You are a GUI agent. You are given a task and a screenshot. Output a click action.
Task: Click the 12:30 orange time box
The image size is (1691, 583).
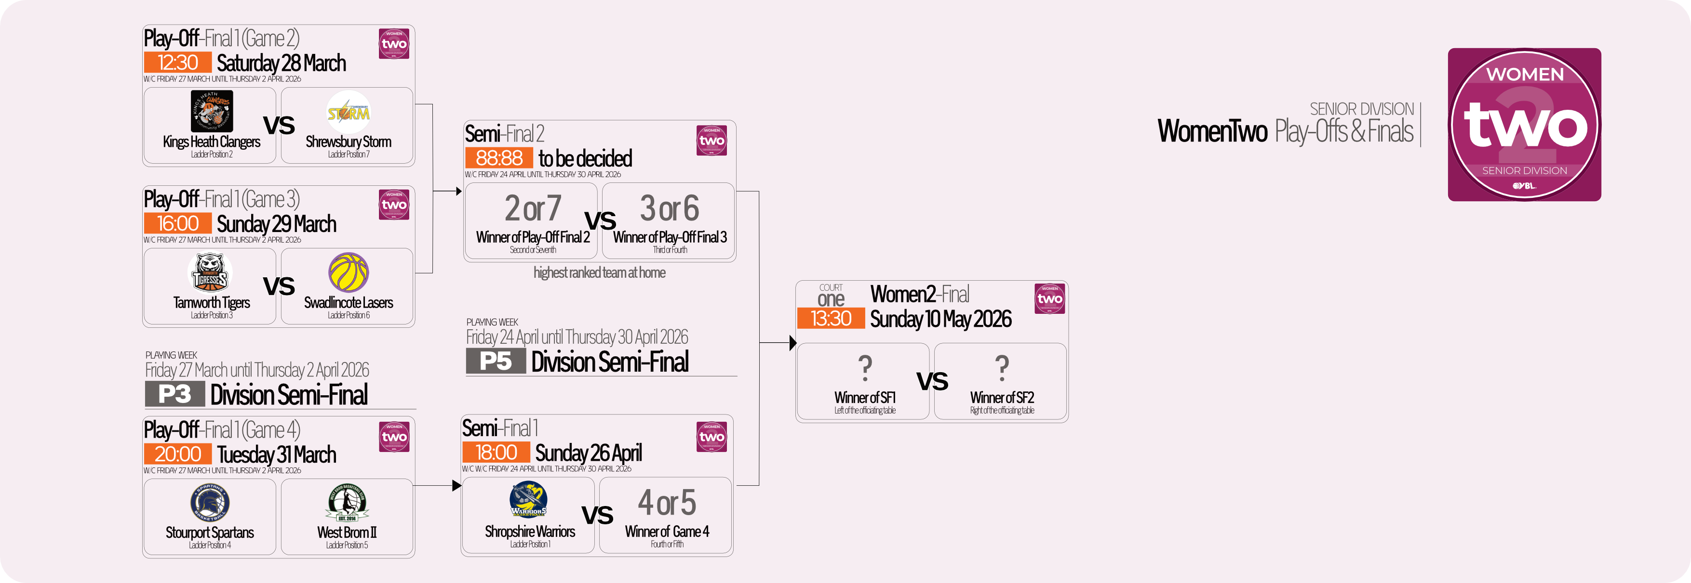click(178, 62)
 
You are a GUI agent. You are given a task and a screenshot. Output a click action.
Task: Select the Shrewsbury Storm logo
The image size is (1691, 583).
click(349, 112)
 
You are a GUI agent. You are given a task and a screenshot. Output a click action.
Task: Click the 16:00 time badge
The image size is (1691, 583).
click(178, 223)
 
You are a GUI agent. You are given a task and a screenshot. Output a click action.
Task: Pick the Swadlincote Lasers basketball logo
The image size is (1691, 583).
click(349, 272)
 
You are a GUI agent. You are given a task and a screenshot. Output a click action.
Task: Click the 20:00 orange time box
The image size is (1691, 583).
click(178, 454)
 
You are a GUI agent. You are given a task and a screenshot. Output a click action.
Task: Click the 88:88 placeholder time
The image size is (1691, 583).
click(499, 157)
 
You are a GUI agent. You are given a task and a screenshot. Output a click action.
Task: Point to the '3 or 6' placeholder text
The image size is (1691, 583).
click(670, 208)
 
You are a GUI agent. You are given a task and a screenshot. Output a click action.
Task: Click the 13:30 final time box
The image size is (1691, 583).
click(831, 318)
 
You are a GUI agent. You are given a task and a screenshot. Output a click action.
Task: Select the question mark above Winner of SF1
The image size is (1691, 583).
click(865, 368)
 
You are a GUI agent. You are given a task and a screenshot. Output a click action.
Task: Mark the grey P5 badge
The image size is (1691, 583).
click(496, 361)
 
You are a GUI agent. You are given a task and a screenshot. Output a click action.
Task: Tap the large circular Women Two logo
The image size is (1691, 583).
click(1524, 125)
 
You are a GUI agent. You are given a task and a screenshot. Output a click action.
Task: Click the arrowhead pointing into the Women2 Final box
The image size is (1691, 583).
click(793, 342)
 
